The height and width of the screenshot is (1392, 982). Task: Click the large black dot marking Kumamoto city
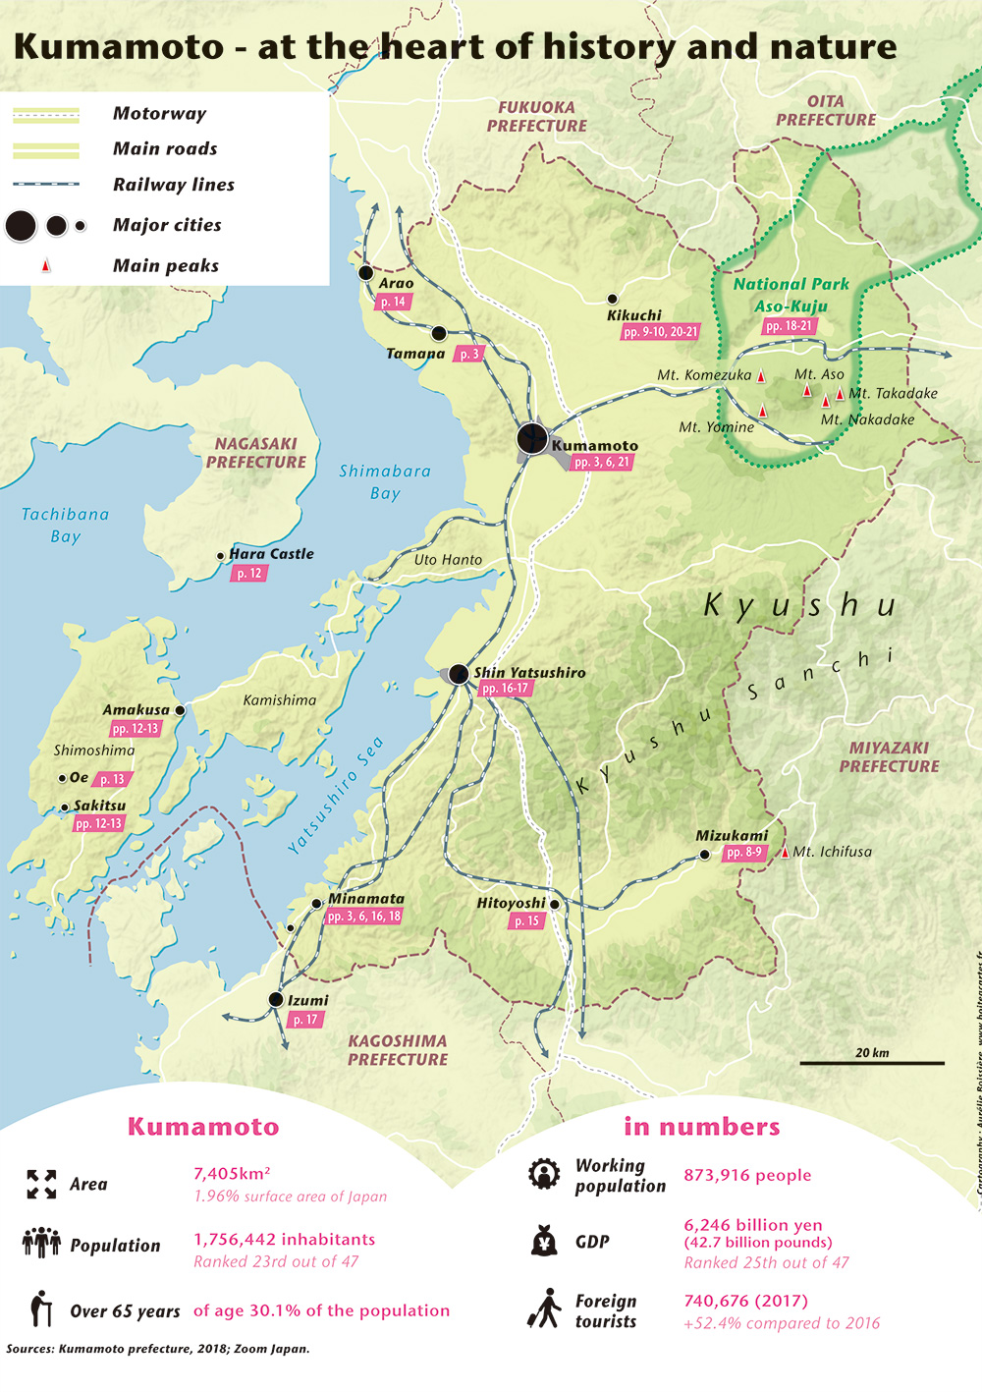(x=532, y=438)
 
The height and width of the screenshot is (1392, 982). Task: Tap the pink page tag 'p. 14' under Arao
(x=393, y=303)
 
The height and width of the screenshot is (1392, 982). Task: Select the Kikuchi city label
(x=633, y=315)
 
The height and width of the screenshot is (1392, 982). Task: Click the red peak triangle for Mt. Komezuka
(x=761, y=376)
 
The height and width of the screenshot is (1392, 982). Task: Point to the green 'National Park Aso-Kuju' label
(x=791, y=295)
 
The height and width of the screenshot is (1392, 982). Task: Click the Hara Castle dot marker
(x=220, y=556)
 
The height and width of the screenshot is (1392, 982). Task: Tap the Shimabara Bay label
(x=385, y=482)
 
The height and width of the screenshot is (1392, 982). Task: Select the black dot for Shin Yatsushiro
(x=459, y=674)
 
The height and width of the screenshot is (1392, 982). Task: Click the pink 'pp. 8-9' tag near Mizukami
(x=743, y=853)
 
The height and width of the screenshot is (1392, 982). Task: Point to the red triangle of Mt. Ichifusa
(x=785, y=852)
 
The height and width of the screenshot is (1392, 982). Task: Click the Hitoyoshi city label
(x=511, y=903)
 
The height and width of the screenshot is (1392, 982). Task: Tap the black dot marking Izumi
(x=276, y=1000)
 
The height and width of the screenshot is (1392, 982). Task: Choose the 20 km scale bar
(x=871, y=1063)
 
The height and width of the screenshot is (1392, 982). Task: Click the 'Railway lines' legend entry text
(x=174, y=185)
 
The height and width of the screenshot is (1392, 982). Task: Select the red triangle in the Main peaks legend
(x=45, y=266)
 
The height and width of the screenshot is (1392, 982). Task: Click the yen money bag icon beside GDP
(x=543, y=1242)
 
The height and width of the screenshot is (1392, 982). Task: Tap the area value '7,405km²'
(x=232, y=1173)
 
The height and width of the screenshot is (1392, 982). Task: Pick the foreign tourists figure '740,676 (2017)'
(x=745, y=1301)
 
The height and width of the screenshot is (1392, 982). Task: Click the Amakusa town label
(x=136, y=709)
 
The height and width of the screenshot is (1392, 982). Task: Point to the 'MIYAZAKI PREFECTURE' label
(x=889, y=757)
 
